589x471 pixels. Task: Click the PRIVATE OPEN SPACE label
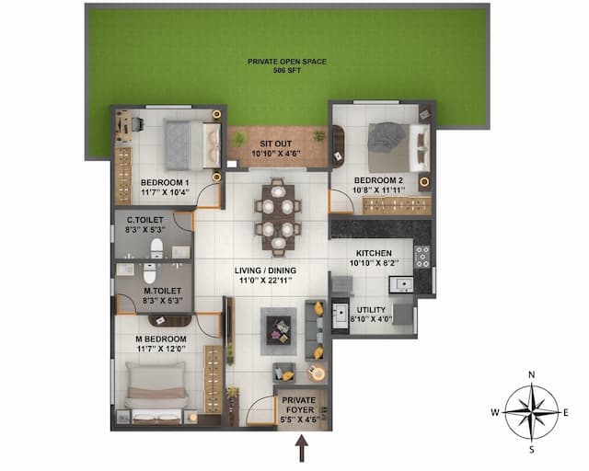287,61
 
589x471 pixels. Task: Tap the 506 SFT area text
287,70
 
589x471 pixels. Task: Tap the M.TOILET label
160,290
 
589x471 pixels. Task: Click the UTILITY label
373,310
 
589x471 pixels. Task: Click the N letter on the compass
531,374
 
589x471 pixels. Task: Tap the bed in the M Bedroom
156,391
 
